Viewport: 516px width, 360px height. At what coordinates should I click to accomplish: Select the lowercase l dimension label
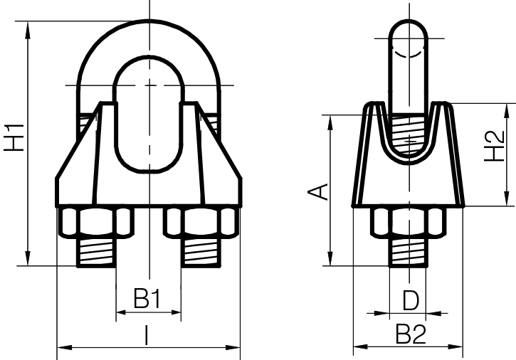pos(147,335)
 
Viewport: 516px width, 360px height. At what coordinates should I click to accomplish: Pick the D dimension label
pos(409,300)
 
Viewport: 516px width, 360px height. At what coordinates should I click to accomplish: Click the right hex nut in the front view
pos(201,223)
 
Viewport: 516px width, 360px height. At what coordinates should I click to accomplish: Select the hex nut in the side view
pos(409,223)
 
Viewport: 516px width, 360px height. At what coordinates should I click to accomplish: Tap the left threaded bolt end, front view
pos(96,253)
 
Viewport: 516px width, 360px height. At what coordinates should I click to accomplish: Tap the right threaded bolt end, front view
pos(201,253)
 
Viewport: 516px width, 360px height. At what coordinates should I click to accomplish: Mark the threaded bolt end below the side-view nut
pos(409,253)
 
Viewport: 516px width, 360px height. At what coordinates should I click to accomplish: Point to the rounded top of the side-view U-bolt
pos(410,28)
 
